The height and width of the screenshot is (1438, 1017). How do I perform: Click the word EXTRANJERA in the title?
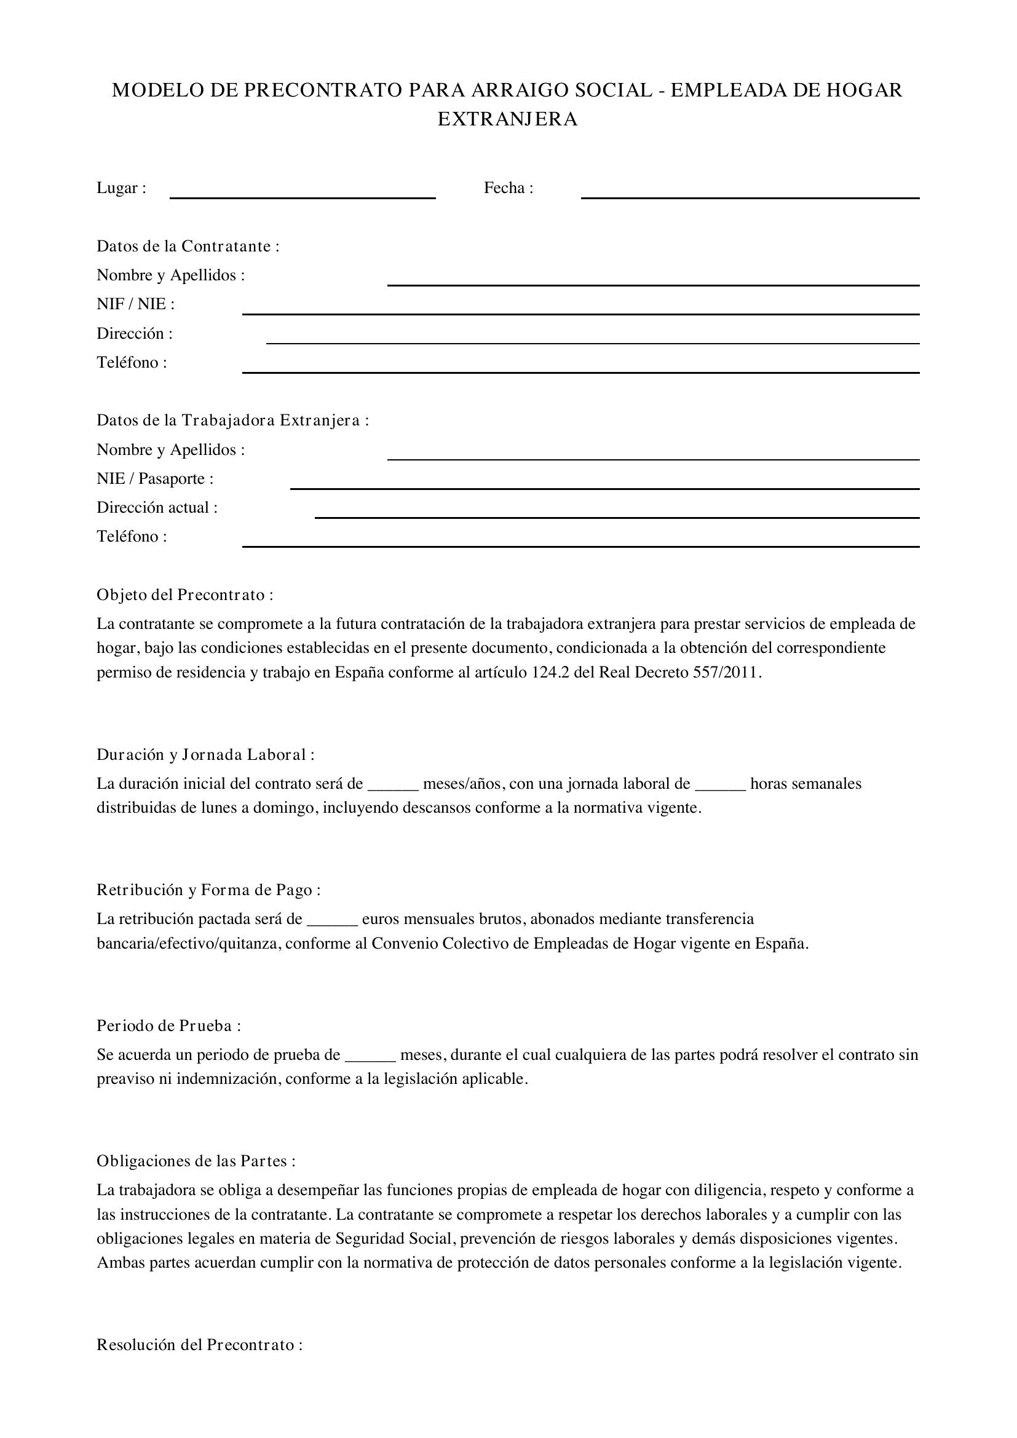click(507, 119)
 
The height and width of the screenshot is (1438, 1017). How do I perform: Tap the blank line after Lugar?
click(303, 194)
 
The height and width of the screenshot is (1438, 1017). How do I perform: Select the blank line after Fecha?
click(750, 194)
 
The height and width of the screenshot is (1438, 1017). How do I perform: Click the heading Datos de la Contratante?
click(188, 246)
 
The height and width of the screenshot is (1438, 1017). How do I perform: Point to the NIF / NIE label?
click(135, 304)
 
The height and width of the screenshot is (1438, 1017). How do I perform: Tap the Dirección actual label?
click(157, 507)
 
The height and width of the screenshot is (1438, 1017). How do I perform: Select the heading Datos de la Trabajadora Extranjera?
click(232, 421)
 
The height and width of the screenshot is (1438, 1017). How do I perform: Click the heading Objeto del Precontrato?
click(184, 595)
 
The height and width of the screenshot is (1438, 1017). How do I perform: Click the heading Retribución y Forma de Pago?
click(208, 890)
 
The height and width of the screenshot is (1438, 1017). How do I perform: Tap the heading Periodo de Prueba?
click(168, 1025)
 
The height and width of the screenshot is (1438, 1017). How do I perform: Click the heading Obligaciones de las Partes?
click(196, 1161)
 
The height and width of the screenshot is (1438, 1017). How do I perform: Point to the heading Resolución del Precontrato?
click(199, 1345)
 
